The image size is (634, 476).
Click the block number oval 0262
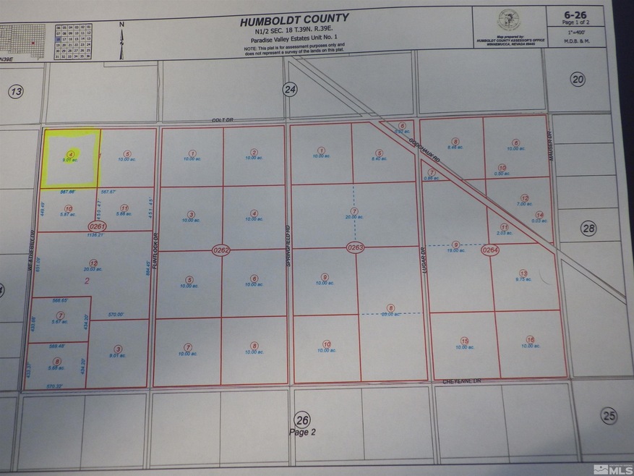tap(221, 250)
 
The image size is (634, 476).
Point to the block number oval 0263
tap(355, 247)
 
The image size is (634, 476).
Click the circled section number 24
tap(290, 89)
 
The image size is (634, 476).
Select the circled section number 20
tap(577, 80)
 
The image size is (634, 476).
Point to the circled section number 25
tap(610, 415)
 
